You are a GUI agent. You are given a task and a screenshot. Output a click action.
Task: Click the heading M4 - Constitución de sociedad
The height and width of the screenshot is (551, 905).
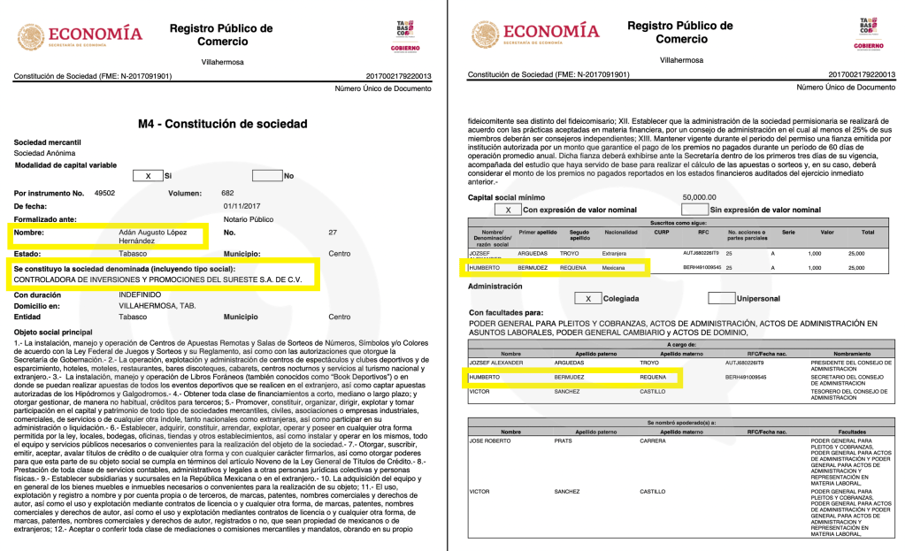222,124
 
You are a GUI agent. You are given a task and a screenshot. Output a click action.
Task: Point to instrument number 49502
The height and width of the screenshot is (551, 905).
105,193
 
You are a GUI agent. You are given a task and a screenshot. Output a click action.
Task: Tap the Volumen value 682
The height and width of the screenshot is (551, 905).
227,193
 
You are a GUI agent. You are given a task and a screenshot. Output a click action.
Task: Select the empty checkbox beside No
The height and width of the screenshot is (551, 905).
266,176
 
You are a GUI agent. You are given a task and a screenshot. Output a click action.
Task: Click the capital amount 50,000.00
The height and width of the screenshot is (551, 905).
699,197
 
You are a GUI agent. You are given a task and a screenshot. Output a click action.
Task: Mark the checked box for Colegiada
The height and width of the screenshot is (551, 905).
587,298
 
